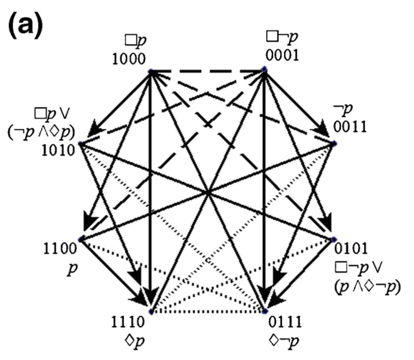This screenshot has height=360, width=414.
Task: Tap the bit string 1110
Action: pos(129,322)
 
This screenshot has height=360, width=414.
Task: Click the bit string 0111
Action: pos(285,322)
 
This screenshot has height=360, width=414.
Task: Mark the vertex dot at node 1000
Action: pos(150,71)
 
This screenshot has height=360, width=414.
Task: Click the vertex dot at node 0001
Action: pos(264,70)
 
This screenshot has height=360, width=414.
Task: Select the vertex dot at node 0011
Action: pos(335,143)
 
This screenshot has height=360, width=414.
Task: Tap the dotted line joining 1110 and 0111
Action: pos(207,312)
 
